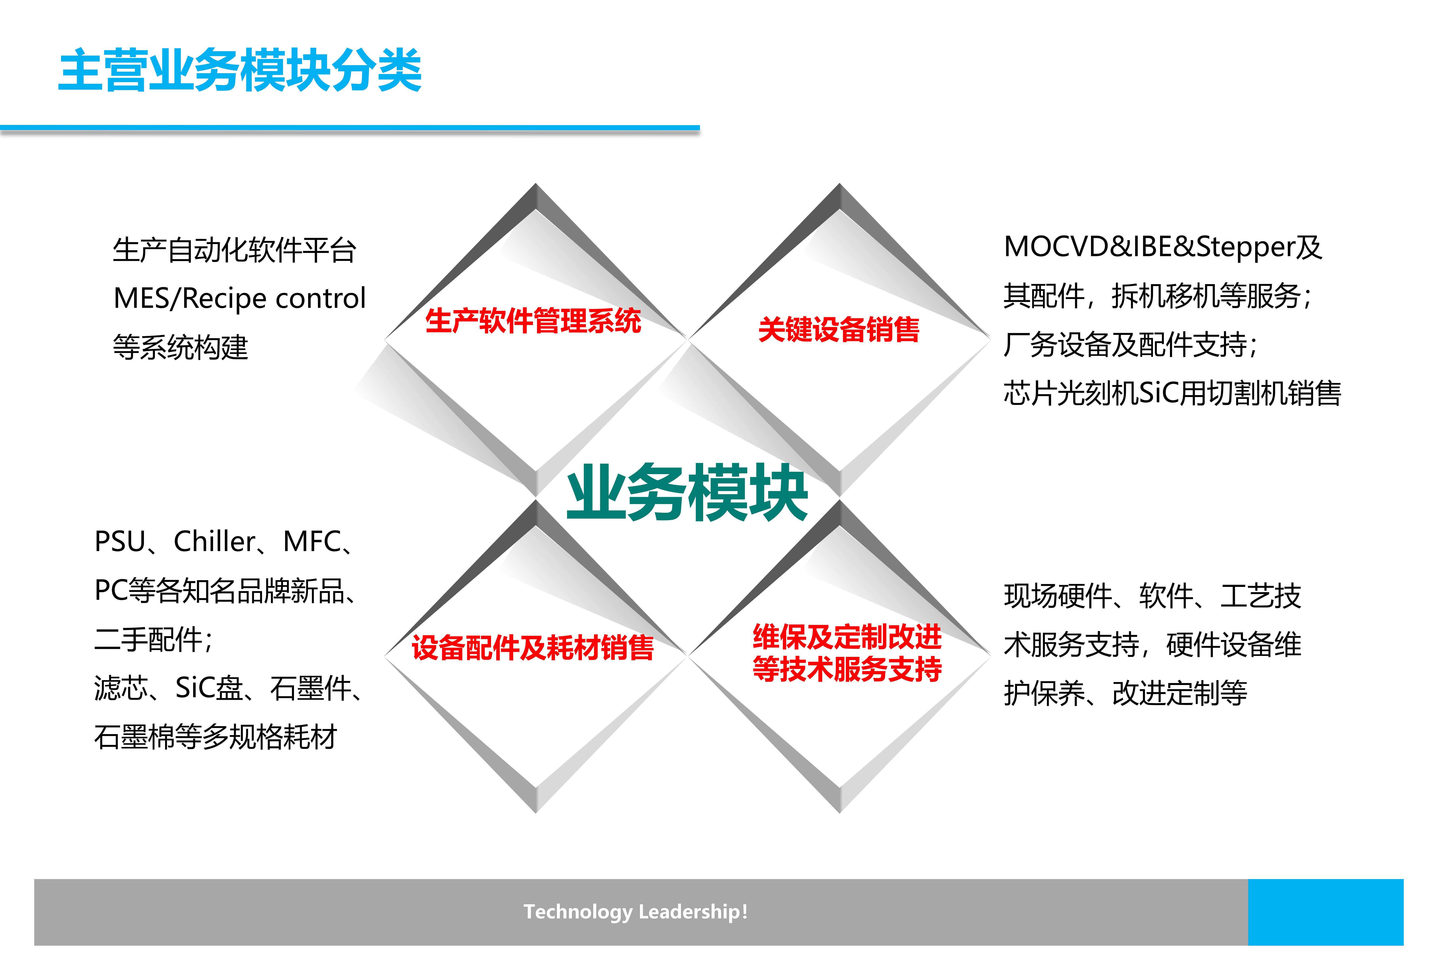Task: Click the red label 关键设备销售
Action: coord(839,330)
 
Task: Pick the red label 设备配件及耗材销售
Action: coord(533,648)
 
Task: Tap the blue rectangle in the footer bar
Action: coord(1326,912)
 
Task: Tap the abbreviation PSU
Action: coord(120,542)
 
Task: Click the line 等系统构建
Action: coord(180,347)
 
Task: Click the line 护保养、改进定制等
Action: coord(1125,693)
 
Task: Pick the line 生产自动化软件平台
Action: coord(234,250)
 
